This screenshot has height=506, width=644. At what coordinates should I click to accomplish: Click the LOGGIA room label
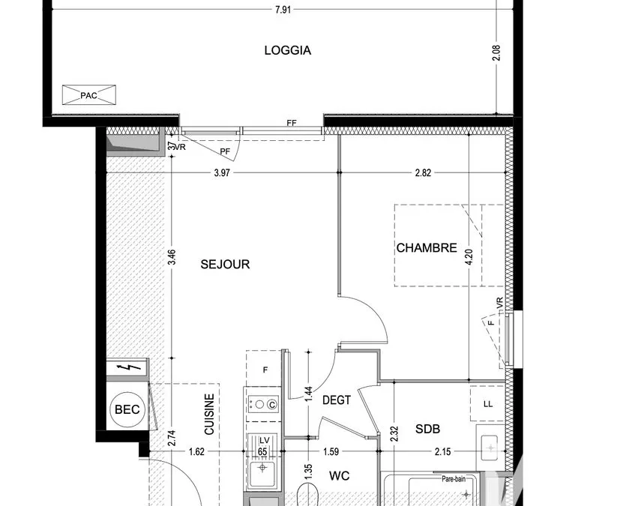point(287,50)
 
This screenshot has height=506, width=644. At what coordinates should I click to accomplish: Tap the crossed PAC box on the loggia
point(88,95)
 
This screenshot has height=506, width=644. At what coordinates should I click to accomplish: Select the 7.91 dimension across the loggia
point(283,10)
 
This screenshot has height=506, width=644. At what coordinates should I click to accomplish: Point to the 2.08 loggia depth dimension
point(496,52)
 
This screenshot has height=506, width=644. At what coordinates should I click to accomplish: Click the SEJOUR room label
point(225,264)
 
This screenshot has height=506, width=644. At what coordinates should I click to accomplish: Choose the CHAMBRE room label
point(427,247)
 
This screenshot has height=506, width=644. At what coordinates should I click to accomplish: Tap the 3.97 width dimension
point(222,173)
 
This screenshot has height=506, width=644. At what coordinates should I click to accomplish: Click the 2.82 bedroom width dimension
point(423,173)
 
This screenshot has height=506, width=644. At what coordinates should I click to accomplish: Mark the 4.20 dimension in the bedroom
point(469,256)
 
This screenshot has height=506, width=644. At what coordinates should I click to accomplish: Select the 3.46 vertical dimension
point(172,257)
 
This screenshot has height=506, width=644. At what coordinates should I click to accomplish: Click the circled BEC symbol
point(127,409)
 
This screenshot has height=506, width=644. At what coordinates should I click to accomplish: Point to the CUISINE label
point(209,414)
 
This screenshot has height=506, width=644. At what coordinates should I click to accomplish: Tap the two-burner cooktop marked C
point(263,405)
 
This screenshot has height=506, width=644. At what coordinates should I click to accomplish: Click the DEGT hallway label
point(337,400)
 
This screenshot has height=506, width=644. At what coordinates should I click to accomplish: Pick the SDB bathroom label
point(427,430)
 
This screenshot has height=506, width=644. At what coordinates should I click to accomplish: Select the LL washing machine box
point(487,404)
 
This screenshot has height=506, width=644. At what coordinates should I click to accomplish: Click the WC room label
point(340,476)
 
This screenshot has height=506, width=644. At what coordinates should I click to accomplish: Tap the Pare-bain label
point(454,479)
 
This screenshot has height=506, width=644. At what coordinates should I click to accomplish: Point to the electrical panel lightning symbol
point(127,367)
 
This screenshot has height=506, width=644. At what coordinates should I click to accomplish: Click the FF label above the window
point(292,123)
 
